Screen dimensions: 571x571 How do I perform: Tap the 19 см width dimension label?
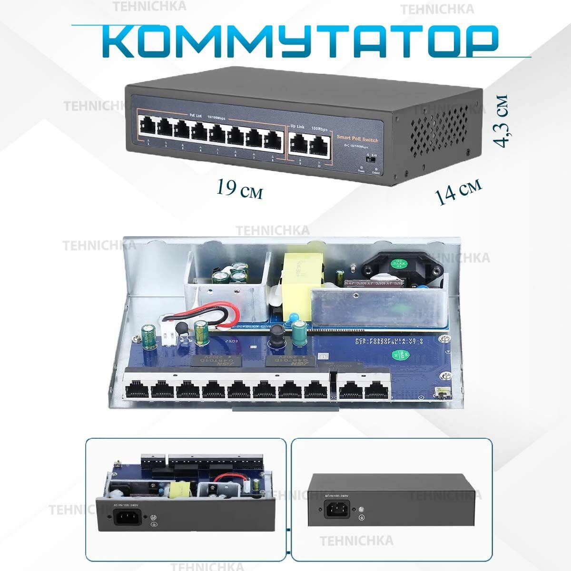pyautogui.click(x=239, y=189)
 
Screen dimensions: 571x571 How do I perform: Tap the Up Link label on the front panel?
pyautogui.click(x=297, y=127)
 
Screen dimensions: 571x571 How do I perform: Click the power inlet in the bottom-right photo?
pyautogui.click(x=336, y=511)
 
